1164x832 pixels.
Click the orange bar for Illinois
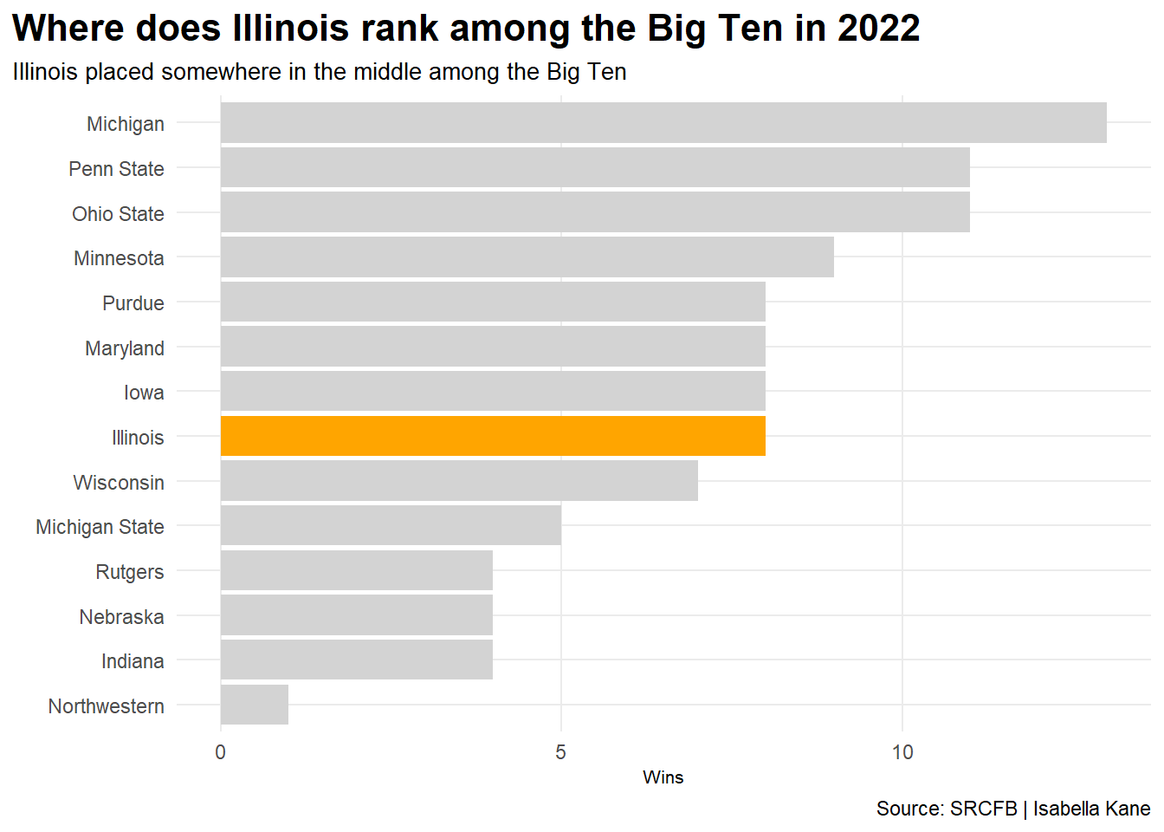(493, 436)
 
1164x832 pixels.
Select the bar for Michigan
(663, 123)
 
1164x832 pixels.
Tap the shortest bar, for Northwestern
(255, 705)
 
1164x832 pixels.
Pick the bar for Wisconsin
(459, 481)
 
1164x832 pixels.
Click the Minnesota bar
(527, 257)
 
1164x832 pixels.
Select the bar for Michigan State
(391, 526)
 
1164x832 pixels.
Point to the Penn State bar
(595, 168)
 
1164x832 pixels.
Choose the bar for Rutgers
(357, 571)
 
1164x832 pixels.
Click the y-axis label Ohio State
(118, 214)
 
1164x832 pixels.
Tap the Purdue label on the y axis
(133, 303)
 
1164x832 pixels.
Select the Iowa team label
(144, 393)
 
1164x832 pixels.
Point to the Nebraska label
(121, 617)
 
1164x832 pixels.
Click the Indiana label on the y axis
(133, 661)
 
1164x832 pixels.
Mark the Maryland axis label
(125, 348)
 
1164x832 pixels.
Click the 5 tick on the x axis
(561, 752)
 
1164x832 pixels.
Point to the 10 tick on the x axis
(902, 752)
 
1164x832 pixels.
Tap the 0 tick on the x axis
(221, 752)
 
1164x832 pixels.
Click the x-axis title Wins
(663, 777)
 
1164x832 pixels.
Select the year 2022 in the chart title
(878, 29)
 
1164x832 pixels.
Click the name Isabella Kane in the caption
(1091, 809)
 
